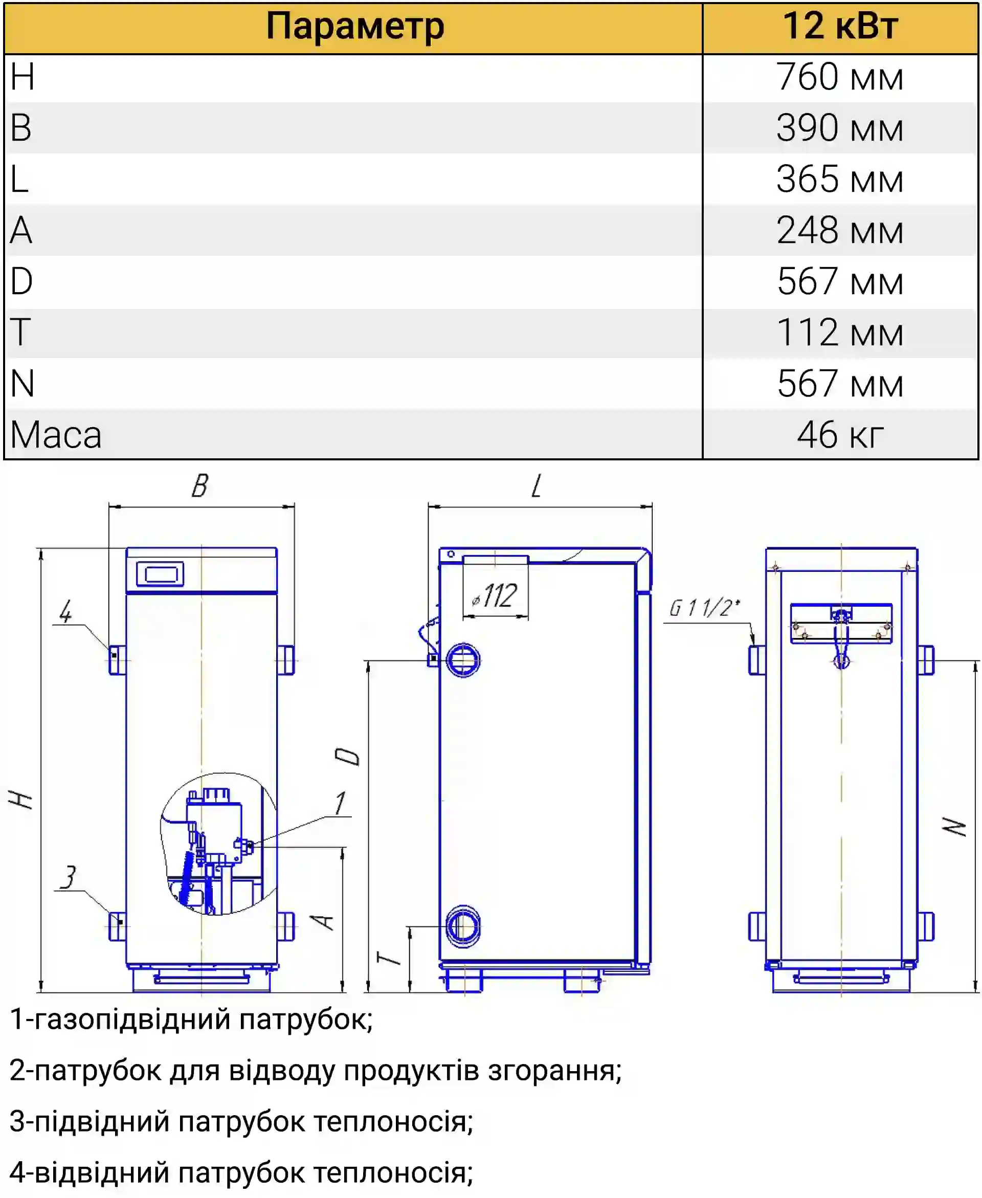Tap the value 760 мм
click(839, 77)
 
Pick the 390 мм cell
click(839, 128)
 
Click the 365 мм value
click(839, 180)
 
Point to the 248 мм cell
click(839, 230)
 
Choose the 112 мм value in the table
click(839, 332)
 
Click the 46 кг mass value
click(840, 435)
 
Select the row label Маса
click(55, 435)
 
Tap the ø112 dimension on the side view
click(495, 595)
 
